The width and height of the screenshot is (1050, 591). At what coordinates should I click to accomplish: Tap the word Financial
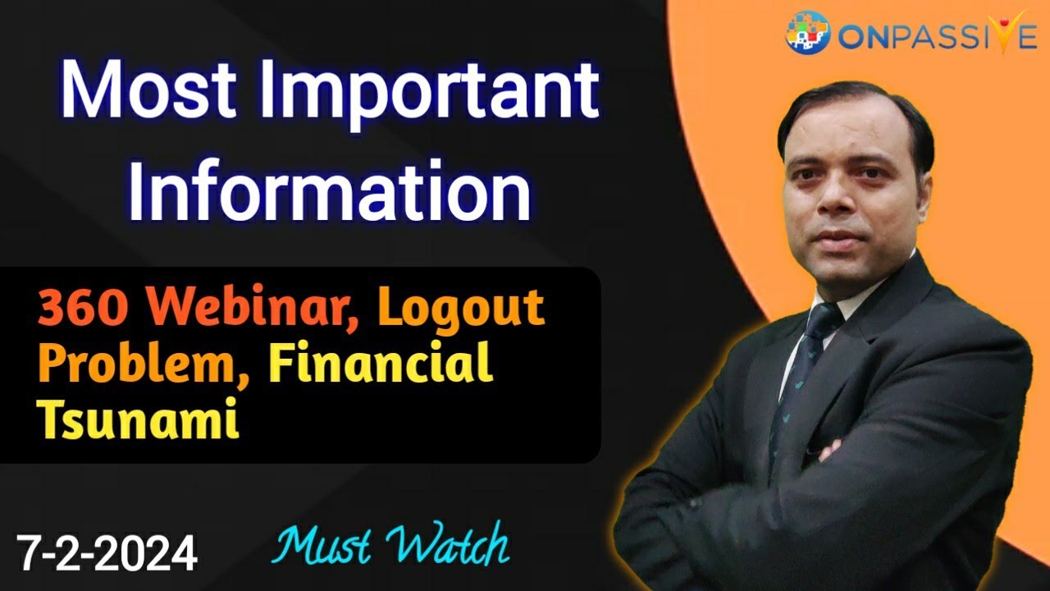click(x=381, y=364)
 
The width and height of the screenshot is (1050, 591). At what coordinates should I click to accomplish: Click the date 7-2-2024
click(x=107, y=552)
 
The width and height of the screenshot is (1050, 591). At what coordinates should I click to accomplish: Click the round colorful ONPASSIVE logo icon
click(x=807, y=34)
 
